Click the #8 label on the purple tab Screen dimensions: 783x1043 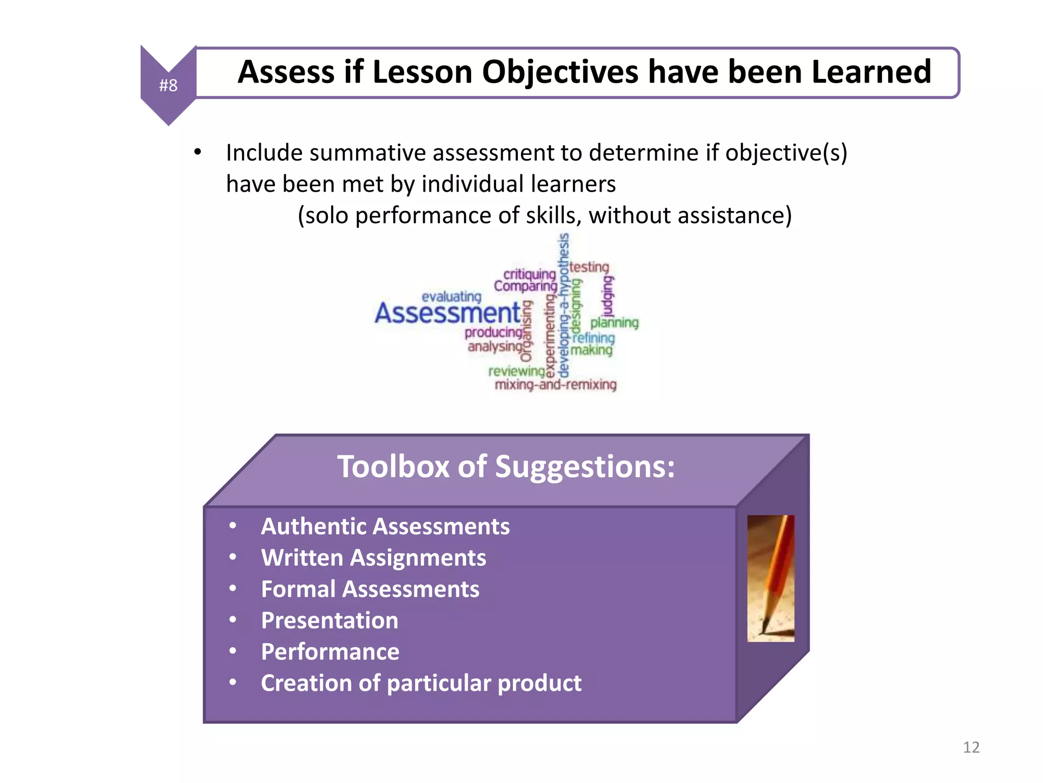click(x=168, y=85)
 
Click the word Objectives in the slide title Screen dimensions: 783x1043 click(x=560, y=72)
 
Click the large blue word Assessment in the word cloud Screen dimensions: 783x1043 click(x=448, y=312)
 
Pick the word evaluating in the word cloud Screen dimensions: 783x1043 click(x=451, y=297)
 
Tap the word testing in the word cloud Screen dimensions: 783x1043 click(x=589, y=267)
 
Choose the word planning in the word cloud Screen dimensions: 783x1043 click(x=614, y=323)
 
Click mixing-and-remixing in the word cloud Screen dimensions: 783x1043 click(x=556, y=384)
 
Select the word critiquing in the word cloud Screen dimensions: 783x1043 click(x=529, y=274)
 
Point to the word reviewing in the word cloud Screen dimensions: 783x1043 click(x=516, y=371)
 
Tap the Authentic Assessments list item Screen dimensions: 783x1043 click(x=385, y=527)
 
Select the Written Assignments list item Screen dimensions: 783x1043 click(x=373, y=558)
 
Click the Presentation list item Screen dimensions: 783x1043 click(x=330, y=620)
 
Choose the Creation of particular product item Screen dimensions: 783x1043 click(x=421, y=683)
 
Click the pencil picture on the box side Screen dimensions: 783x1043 click(x=771, y=578)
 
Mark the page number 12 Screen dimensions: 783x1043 click(x=971, y=747)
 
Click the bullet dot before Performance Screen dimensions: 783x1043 click(x=233, y=651)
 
